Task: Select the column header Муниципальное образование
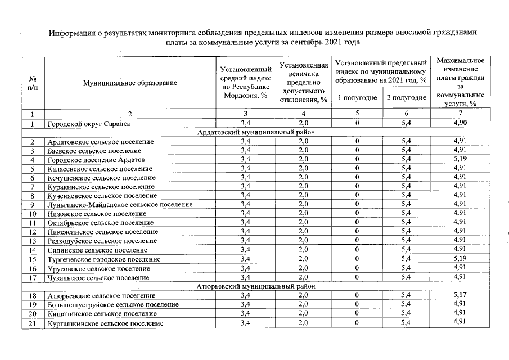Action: [x=130, y=83]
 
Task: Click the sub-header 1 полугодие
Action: [x=357, y=98]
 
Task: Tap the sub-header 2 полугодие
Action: [x=406, y=98]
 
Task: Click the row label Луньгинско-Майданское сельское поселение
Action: [x=120, y=205]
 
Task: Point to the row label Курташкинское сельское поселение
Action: [x=105, y=323]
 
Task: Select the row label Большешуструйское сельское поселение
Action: [x=112, y=304]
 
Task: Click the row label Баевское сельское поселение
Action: [x=94, y=151]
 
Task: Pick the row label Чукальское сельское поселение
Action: [x=98, y=277]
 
